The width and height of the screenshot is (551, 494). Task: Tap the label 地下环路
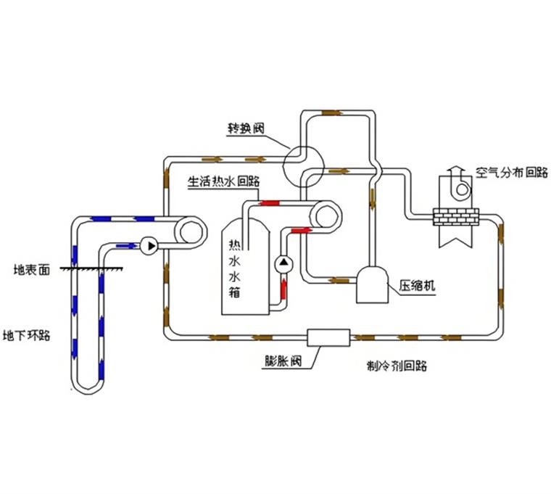[27, 336]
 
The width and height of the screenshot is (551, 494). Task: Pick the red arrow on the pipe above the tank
[270, 203]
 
